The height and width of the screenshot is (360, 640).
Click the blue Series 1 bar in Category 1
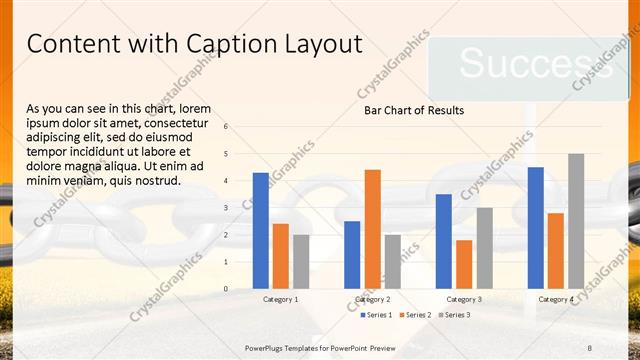pyautogui.click(x=261, y=230)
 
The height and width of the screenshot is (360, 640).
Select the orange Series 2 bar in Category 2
pyautogui.click(x=372, y=229)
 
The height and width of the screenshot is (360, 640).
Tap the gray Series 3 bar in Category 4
pyautogui.click(x=576, y=221)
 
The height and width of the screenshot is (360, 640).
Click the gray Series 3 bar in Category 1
pyautogui.click(x=301, y=261)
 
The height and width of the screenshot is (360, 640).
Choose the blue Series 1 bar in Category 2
pyautogui.click(x=352, y=254)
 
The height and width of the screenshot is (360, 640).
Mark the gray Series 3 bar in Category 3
pyautogui.click(x=484, y=248)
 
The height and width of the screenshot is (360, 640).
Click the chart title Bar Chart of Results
pyautogui.click(x=414, y=110)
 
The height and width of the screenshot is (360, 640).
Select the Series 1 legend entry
pyautogui.click(x=376, y=315)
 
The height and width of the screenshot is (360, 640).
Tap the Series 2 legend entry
pyautogui.click(x=416, y=315)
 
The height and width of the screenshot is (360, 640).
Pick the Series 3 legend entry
pyautogui.click(x=455, y=315)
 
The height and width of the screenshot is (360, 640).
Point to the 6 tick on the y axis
pyautogui.click(x=226, y=127)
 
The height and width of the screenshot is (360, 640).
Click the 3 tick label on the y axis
pyautogui.click(x=226, y=208)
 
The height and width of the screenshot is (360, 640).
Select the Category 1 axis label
pyautogui.click(x=281, y=299)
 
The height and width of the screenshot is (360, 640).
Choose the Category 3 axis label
pyautogui.click(x=464, y=299)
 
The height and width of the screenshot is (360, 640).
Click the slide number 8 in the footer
pyautogui.click(x=590, y=348)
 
